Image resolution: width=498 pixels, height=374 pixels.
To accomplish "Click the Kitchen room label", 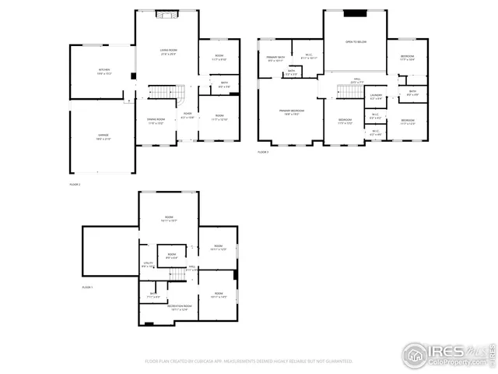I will click(103, 72).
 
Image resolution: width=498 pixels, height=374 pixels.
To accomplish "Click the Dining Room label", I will click(156, 121).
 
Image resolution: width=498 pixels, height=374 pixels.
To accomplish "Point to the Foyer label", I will click(188, 115).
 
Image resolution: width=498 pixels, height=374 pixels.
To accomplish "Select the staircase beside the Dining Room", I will click(161, 93).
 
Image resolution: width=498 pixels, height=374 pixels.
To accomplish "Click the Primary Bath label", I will click(275, 58).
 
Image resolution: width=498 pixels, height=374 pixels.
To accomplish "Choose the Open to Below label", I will click(356, 42).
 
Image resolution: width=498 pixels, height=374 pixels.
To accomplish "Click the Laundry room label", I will click(376, 97).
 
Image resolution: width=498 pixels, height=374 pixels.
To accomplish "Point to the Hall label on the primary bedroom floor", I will click(357, 80).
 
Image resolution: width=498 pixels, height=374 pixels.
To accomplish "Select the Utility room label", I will click(148, 265).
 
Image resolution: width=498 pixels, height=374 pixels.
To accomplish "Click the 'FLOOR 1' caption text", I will click(87, 288).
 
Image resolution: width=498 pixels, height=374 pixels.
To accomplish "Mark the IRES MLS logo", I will click(447, 354).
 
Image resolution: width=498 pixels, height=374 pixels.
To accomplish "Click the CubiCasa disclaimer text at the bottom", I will click(249, 362).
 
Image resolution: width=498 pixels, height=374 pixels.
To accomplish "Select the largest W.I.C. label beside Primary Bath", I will click(308, 55).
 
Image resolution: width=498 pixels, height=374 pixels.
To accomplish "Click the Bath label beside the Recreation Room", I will click(154, 295).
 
